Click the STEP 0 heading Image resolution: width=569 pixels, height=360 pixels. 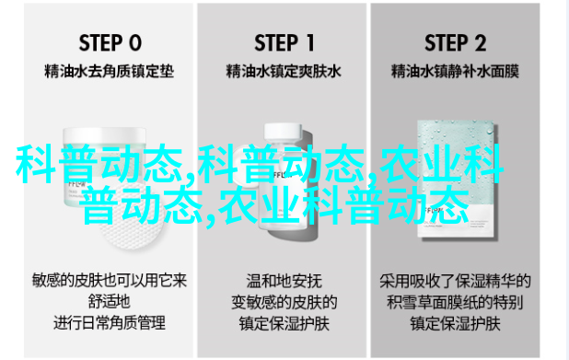110,43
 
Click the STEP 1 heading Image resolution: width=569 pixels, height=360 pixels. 284,43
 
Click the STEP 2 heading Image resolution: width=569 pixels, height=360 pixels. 455,43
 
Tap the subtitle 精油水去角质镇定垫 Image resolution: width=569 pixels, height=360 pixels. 109,71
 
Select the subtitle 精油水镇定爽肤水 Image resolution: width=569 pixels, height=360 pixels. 284,71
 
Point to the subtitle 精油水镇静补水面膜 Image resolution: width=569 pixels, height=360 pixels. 455,71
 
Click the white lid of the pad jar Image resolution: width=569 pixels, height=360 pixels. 105,136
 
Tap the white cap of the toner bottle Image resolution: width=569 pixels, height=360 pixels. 283,132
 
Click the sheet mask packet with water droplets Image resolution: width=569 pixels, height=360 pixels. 457,179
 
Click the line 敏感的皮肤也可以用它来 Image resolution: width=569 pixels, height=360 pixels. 109,281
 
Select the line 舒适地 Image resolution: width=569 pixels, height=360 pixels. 109,302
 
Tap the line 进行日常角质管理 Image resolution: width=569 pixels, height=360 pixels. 109,322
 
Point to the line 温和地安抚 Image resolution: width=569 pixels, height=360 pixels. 284,281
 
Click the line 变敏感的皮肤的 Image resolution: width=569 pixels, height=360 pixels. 284,302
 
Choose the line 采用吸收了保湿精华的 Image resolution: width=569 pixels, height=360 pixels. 455,281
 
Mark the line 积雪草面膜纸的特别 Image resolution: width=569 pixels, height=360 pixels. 455,302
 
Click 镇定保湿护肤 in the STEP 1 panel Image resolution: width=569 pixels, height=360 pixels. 284,323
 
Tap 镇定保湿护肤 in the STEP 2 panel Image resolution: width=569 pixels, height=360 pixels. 455,323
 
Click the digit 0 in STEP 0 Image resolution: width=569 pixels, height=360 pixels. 135,43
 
